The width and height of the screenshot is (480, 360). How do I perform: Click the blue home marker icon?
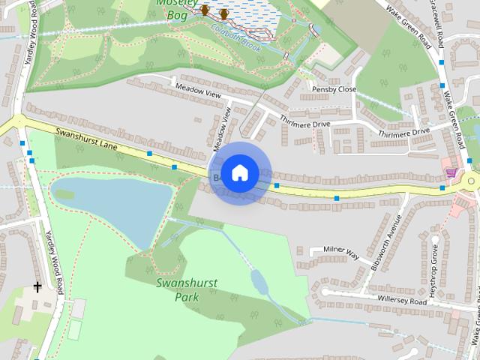tap(239, 172)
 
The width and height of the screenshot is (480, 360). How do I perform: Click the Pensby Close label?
tap(334, 88)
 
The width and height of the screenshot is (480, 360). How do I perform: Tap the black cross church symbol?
tap(37, 286)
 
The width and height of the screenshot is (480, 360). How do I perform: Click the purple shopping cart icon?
tap(450, 173)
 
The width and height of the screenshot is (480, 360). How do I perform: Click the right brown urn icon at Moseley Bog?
tap(223, 14)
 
